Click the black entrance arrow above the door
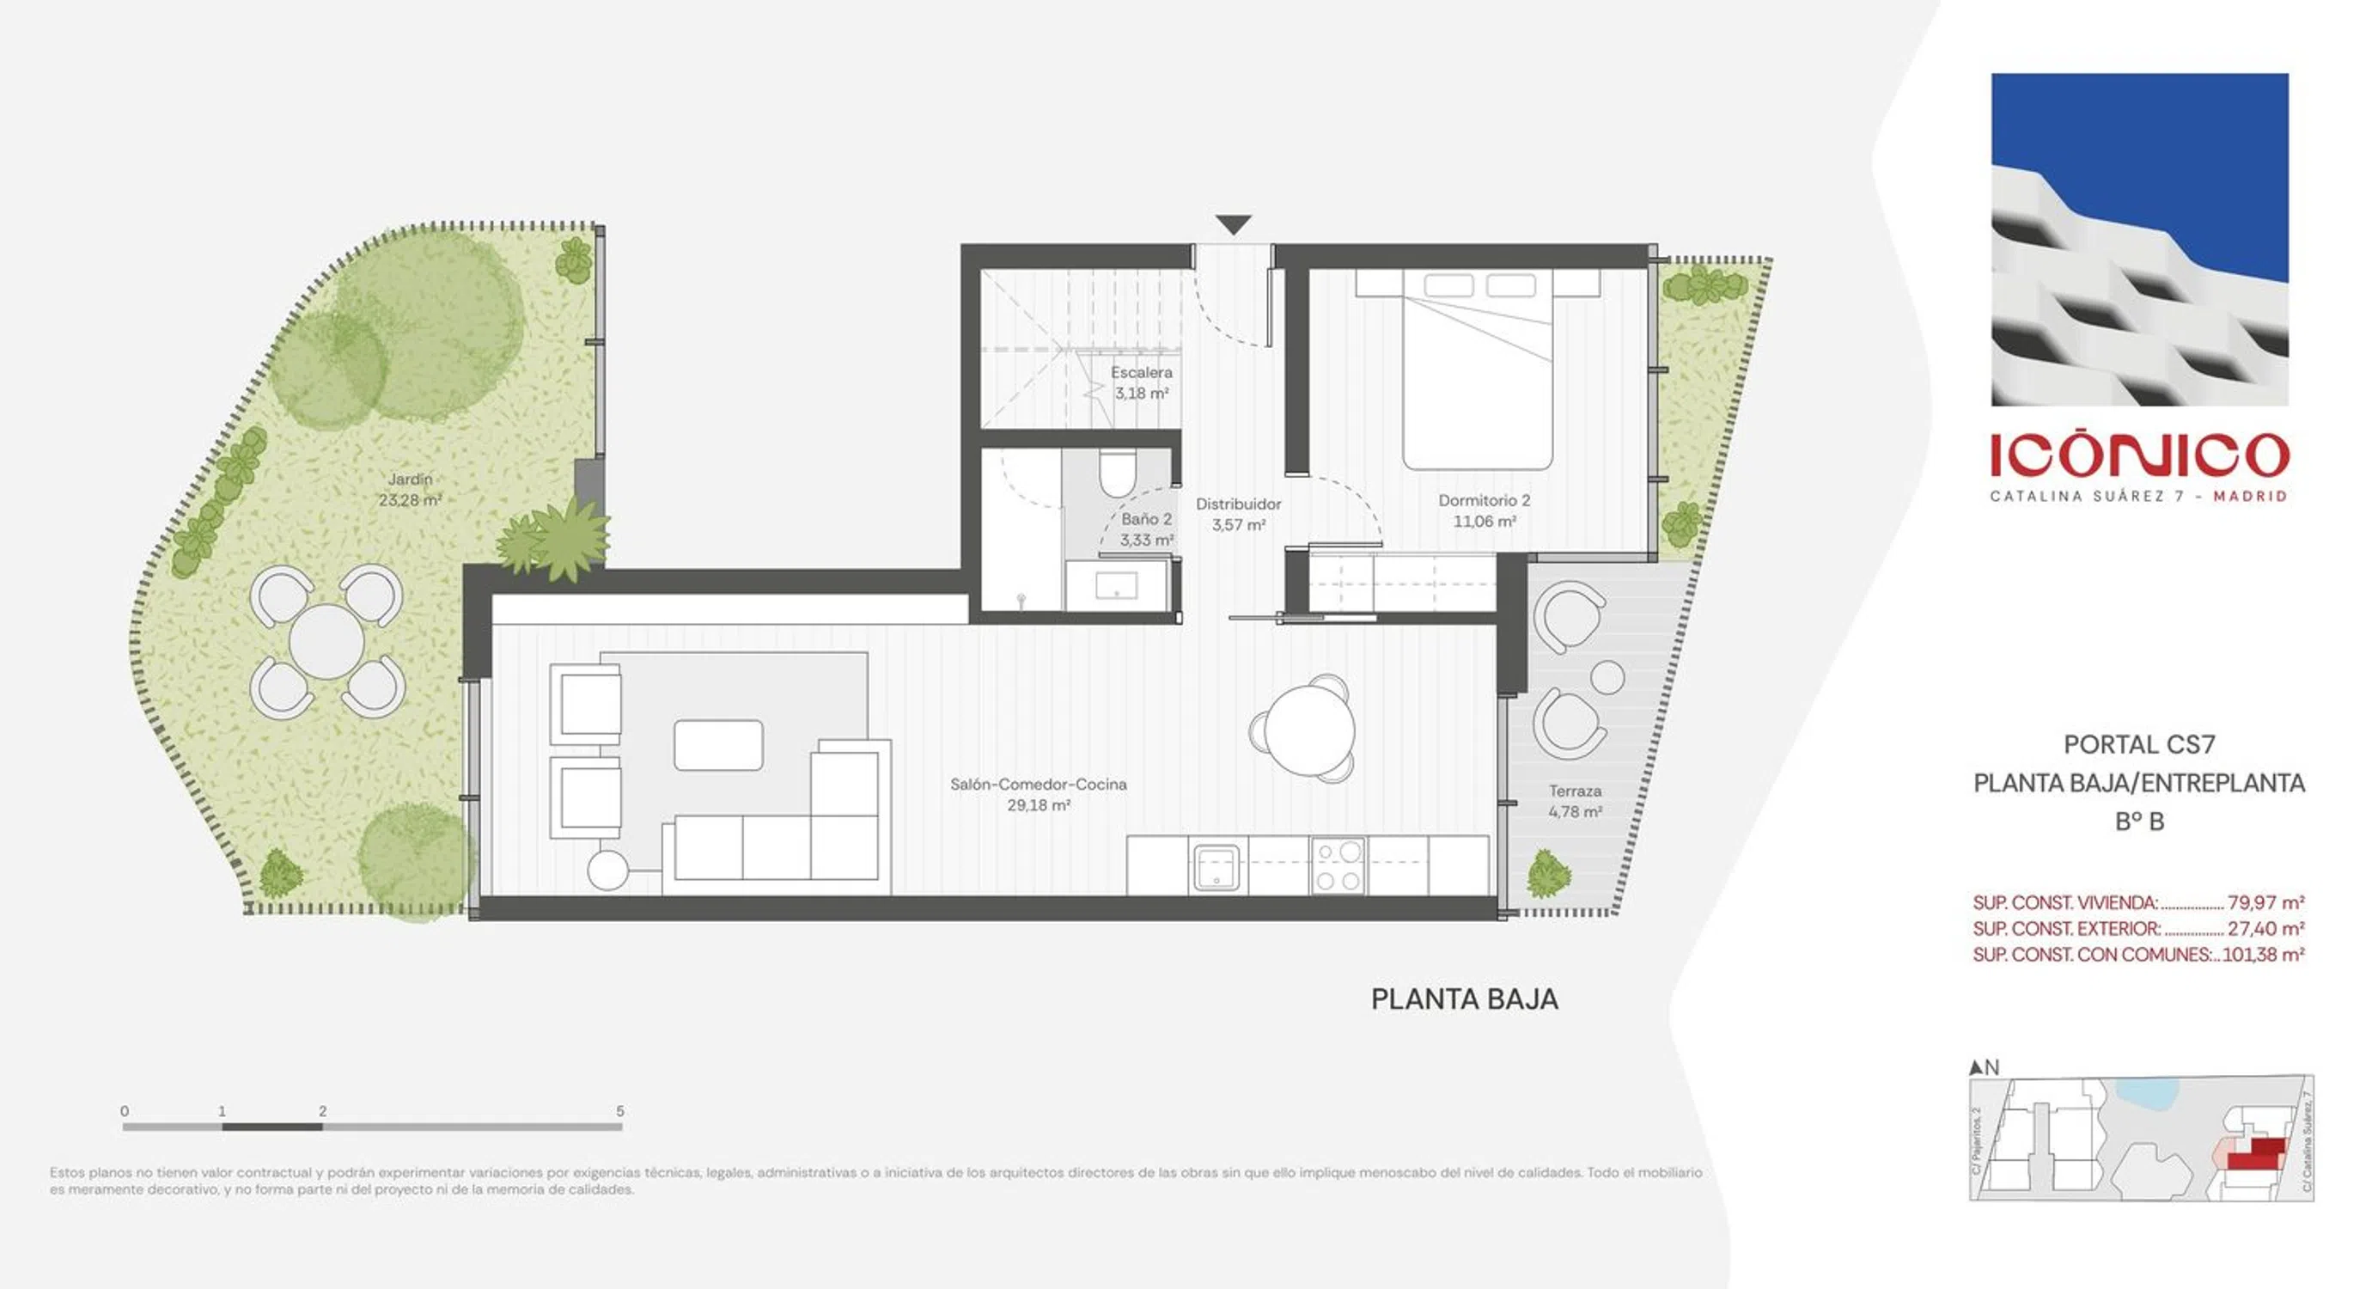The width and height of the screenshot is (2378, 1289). [1233, 224]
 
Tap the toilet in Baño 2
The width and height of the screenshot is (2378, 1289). [1117, 472]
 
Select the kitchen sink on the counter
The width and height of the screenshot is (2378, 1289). [1216, 866]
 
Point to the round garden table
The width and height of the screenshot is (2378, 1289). [326, 642]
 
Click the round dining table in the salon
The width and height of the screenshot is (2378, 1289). [1309, 730]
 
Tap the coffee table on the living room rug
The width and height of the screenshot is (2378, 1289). [718, 745]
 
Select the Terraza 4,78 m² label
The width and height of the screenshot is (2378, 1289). [1575, 802]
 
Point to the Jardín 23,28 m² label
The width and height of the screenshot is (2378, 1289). [410, 489]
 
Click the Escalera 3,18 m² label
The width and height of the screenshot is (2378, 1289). [1141, 382]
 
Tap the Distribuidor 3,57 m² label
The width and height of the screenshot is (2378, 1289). [1238, 514]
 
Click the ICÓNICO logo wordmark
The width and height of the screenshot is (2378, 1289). [2139, 456]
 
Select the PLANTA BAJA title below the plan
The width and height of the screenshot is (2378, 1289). [1464, 999]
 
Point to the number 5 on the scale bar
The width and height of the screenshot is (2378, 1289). [620, 1111]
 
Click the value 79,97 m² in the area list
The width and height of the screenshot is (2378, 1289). [2265, 902]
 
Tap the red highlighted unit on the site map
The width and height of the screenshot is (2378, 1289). [2257, 1154]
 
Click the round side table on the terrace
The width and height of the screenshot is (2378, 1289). [1607, 678]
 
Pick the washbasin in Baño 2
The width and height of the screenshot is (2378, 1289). [1116, 585]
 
